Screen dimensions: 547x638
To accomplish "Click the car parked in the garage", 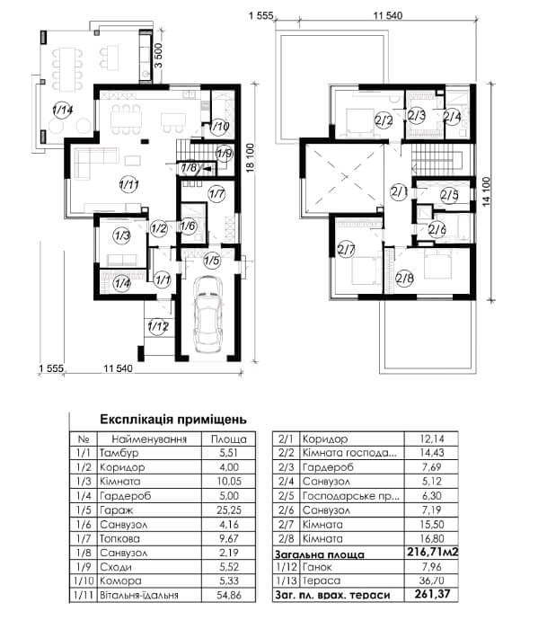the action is click(207, 314).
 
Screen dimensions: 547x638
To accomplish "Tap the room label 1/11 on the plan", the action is click(129, 185).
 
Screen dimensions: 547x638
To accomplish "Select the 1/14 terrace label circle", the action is click(62, 110).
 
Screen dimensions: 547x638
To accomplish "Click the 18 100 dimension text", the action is click(250, 157).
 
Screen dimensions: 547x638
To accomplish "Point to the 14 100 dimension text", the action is click(486, 191).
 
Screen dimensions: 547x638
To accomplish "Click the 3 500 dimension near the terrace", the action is click(158, 56).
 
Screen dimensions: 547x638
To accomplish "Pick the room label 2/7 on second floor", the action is click(346, 249).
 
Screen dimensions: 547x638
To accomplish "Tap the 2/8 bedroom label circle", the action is click(404, 279).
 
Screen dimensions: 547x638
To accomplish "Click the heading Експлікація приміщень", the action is click(173, 420).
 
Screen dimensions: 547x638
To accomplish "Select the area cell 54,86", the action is click(229, 595).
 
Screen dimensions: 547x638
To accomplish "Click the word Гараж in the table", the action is click(116, 510).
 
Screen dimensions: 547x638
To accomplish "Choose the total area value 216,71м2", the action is click(432, 552).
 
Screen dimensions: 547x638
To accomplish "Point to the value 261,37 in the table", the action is click(432, 594).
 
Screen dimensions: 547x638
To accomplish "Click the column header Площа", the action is click(229, 439).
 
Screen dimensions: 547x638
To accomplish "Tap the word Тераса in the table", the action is click(322, 580).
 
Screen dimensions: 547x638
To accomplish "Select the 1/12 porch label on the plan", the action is click(158, 326).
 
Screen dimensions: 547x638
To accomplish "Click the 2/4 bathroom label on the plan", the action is click(452, 117).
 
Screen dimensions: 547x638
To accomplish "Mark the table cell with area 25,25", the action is click(229, 510).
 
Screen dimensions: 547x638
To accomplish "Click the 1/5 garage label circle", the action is click(212, 260).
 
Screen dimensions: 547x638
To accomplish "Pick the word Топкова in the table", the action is click(119, 539).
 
